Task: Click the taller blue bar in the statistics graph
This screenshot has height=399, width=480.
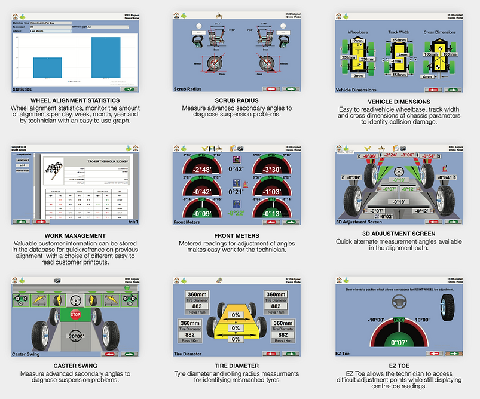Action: (105, 57)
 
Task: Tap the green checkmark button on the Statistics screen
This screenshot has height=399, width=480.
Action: (142, 89)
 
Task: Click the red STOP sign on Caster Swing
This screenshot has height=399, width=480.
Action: (75, 314)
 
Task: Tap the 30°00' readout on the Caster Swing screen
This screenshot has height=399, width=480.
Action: (75, 337)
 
